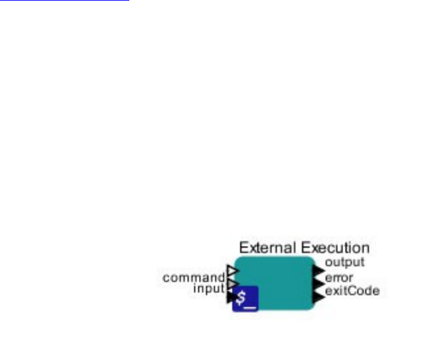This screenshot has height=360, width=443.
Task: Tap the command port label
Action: coord(194,278)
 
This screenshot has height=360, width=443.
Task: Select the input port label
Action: coord(209,289)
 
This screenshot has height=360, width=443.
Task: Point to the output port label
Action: coord(345,263)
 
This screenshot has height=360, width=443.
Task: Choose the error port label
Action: coord(339,277)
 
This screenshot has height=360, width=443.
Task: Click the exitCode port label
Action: coord(352,290)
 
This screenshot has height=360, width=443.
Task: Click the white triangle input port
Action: coord(232,270)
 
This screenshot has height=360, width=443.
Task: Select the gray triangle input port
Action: coord(231,283)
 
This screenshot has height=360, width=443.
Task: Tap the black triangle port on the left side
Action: coord(230,298)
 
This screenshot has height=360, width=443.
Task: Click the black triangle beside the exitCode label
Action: coord(319,296)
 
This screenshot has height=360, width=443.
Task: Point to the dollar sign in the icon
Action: coord(242,297)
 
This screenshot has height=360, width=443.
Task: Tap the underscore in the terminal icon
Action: coord(251,304)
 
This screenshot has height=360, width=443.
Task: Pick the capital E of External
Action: coord(243,248)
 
